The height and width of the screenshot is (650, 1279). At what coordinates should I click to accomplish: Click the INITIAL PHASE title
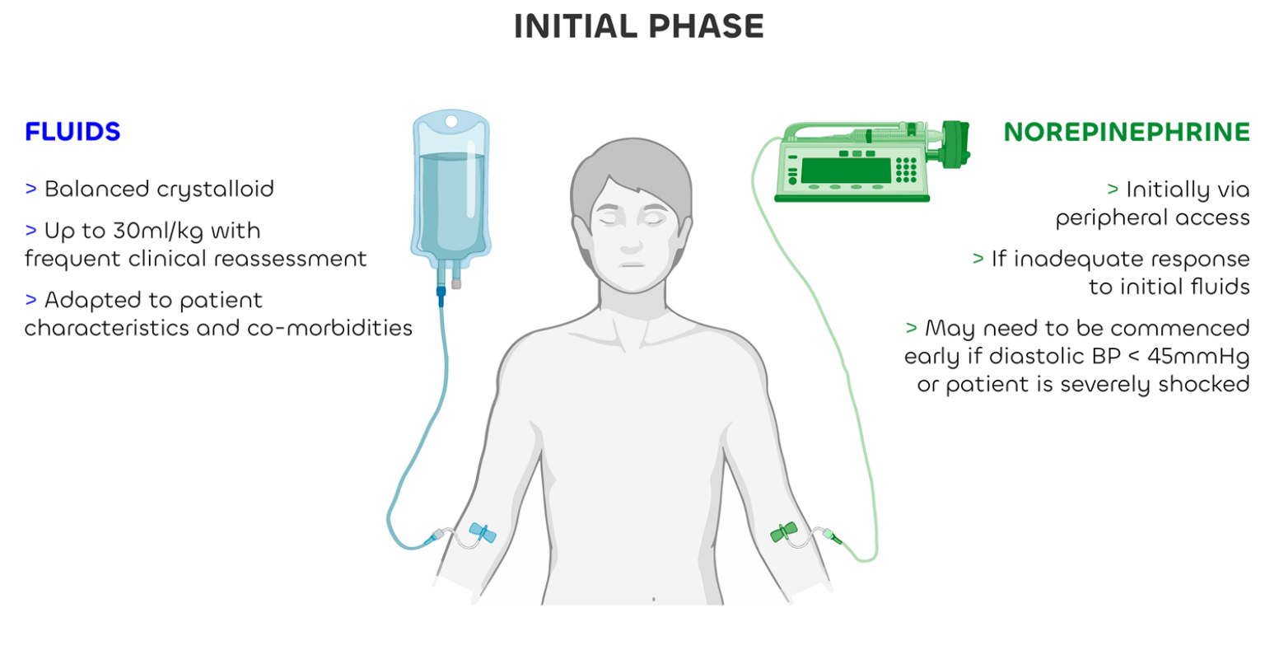pyautogui.click(x=638, y=26)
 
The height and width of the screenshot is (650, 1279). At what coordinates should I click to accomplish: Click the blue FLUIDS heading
pyautogui.click(x=72, y=132)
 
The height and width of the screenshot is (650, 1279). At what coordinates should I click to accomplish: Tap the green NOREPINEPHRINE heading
pyautogui.click(x=1126, y=132)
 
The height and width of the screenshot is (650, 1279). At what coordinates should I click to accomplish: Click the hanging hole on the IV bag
pyautogui.click(x=450, y=122)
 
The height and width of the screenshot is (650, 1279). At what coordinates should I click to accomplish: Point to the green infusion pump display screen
pyautogui.click(x=846, y=170)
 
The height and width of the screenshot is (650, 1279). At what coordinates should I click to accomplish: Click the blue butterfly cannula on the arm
pyautogui.click(x=483, y=533)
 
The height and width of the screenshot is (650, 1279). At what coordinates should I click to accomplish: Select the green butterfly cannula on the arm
pyautogui.click(x=783, y=532)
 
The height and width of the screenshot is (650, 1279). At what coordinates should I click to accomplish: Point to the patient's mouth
pyautogui.click(x=631, y=264)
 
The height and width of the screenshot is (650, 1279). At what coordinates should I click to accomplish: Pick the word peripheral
pyautogui.click(x=1105, y=218)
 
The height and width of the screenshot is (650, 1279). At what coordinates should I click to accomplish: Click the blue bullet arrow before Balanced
pyautogui.click(x=31, y=189)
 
